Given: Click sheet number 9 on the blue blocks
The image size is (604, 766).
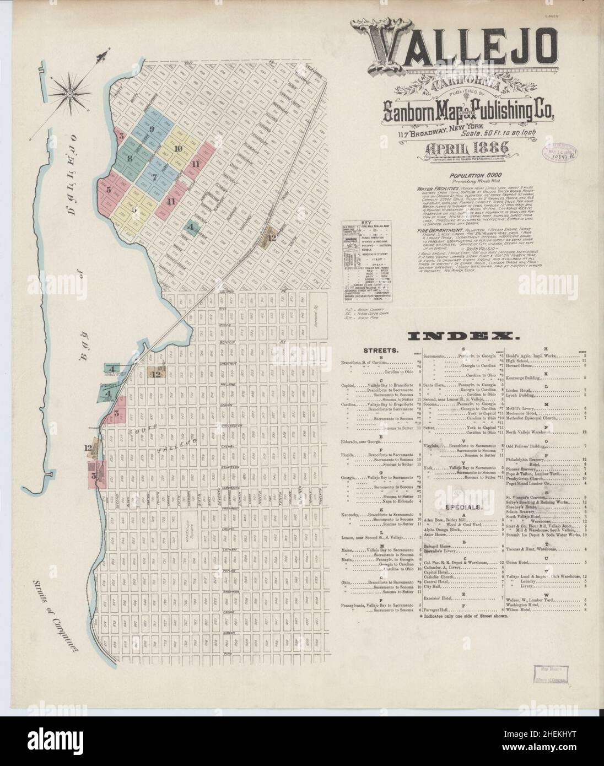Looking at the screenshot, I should click(150, 129).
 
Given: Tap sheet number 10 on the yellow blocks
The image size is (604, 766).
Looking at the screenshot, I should click(177, 149).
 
